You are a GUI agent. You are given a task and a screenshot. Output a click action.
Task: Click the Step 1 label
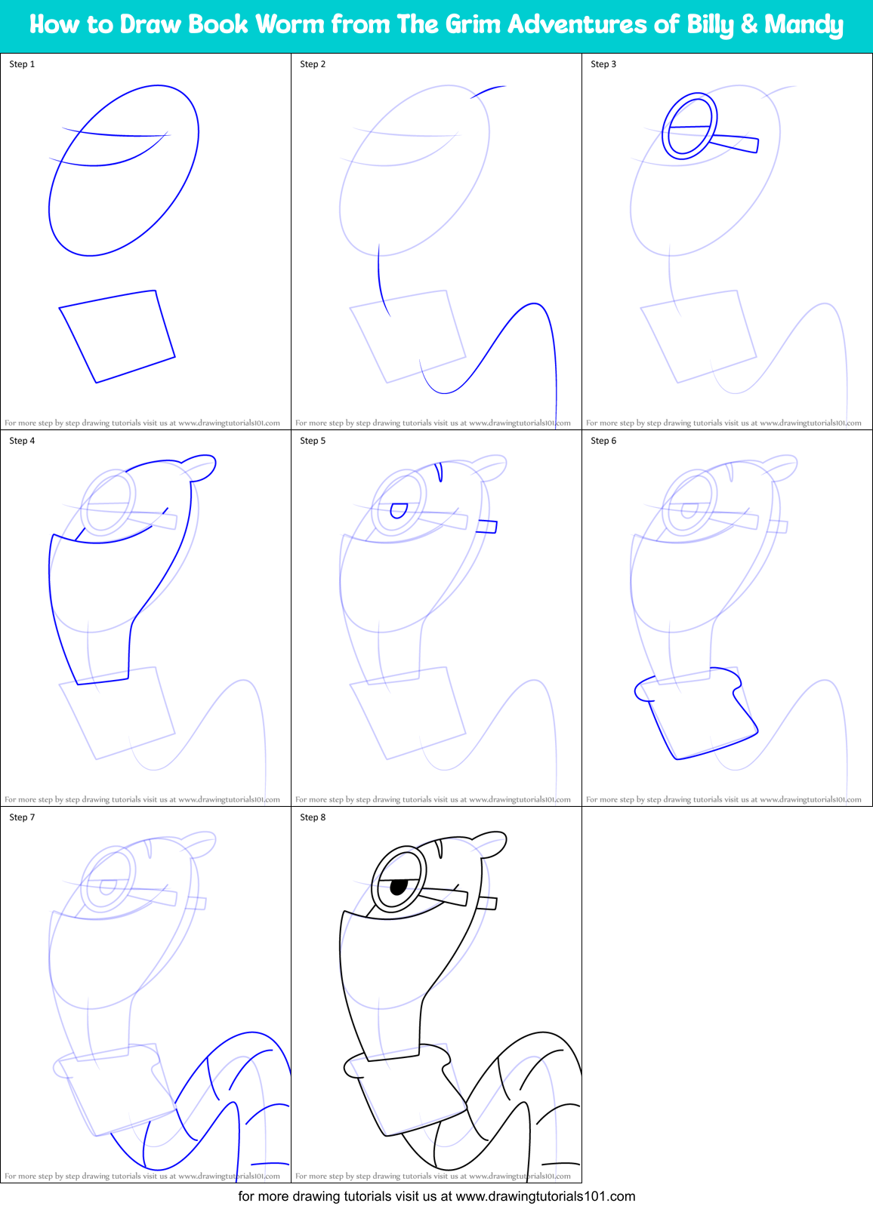click(x=22, y=64)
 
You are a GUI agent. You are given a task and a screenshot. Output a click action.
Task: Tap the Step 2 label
click(x=313, y=64)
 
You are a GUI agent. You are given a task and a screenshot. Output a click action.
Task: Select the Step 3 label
click(x=603, y=64)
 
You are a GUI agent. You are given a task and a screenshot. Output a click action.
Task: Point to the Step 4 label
click(x=22, y=441)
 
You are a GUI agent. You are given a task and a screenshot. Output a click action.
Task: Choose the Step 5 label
click(x=313, y=441)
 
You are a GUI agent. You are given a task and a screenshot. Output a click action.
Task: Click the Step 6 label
click(x=603, y=441)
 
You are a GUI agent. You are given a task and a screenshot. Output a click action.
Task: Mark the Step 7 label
click(x=22, y=817)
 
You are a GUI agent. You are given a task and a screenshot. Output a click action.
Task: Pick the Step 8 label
click(x=313, y=817)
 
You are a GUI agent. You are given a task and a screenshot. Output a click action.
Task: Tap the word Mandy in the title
click(x=804, y=25)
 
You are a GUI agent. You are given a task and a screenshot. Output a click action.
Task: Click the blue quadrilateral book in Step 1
click(x=118, y=336)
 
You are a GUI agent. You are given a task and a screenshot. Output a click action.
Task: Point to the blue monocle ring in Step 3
click(x=689, y=126)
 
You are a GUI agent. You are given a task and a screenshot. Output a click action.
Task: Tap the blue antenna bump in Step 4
click(x=200, y=466)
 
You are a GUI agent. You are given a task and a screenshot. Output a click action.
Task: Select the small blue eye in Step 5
click(x=399, y=511)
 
